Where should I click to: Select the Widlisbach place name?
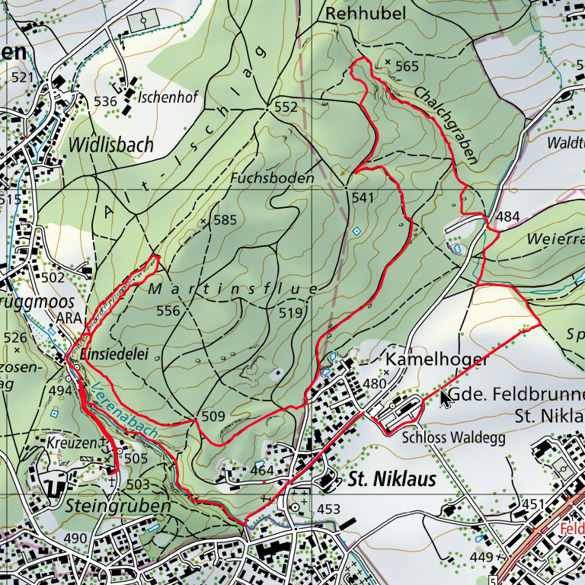pyautogui.click(x=111, y=144)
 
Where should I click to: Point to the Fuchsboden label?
pyautogui.click(x=272, y=178)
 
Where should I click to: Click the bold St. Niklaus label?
pyautogui.click(x=392, y=479)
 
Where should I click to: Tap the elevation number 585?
pyautogui.click(x=225, y=220)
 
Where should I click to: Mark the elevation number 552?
pyautogui.click(x=286, y=107)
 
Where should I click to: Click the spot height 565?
pyautogui.click(x=408, y=66)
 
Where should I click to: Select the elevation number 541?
pyautogui.click(x=364, y=198)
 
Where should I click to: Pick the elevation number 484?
pyautogui.click(x=508, y=217)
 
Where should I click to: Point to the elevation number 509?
pyautogui.click(x=214, y=416)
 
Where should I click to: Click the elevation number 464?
pyautogui.click(x=262, y=470)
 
